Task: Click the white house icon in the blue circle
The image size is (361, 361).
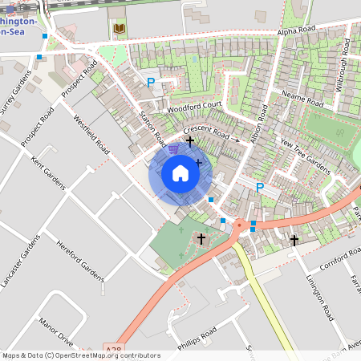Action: coord(180,173)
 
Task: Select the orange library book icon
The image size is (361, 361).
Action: coord(120,30)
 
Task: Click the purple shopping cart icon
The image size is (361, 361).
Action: coord(173,148)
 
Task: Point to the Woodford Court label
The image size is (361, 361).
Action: coord(193,106)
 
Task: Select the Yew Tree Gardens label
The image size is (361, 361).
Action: coord(305,156)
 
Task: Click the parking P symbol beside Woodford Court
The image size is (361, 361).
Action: coord(150,82)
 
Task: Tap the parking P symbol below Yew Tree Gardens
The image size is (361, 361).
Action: coord(259,188)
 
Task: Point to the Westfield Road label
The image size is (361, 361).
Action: coord(91,133)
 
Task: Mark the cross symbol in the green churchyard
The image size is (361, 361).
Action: coord(201,238)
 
